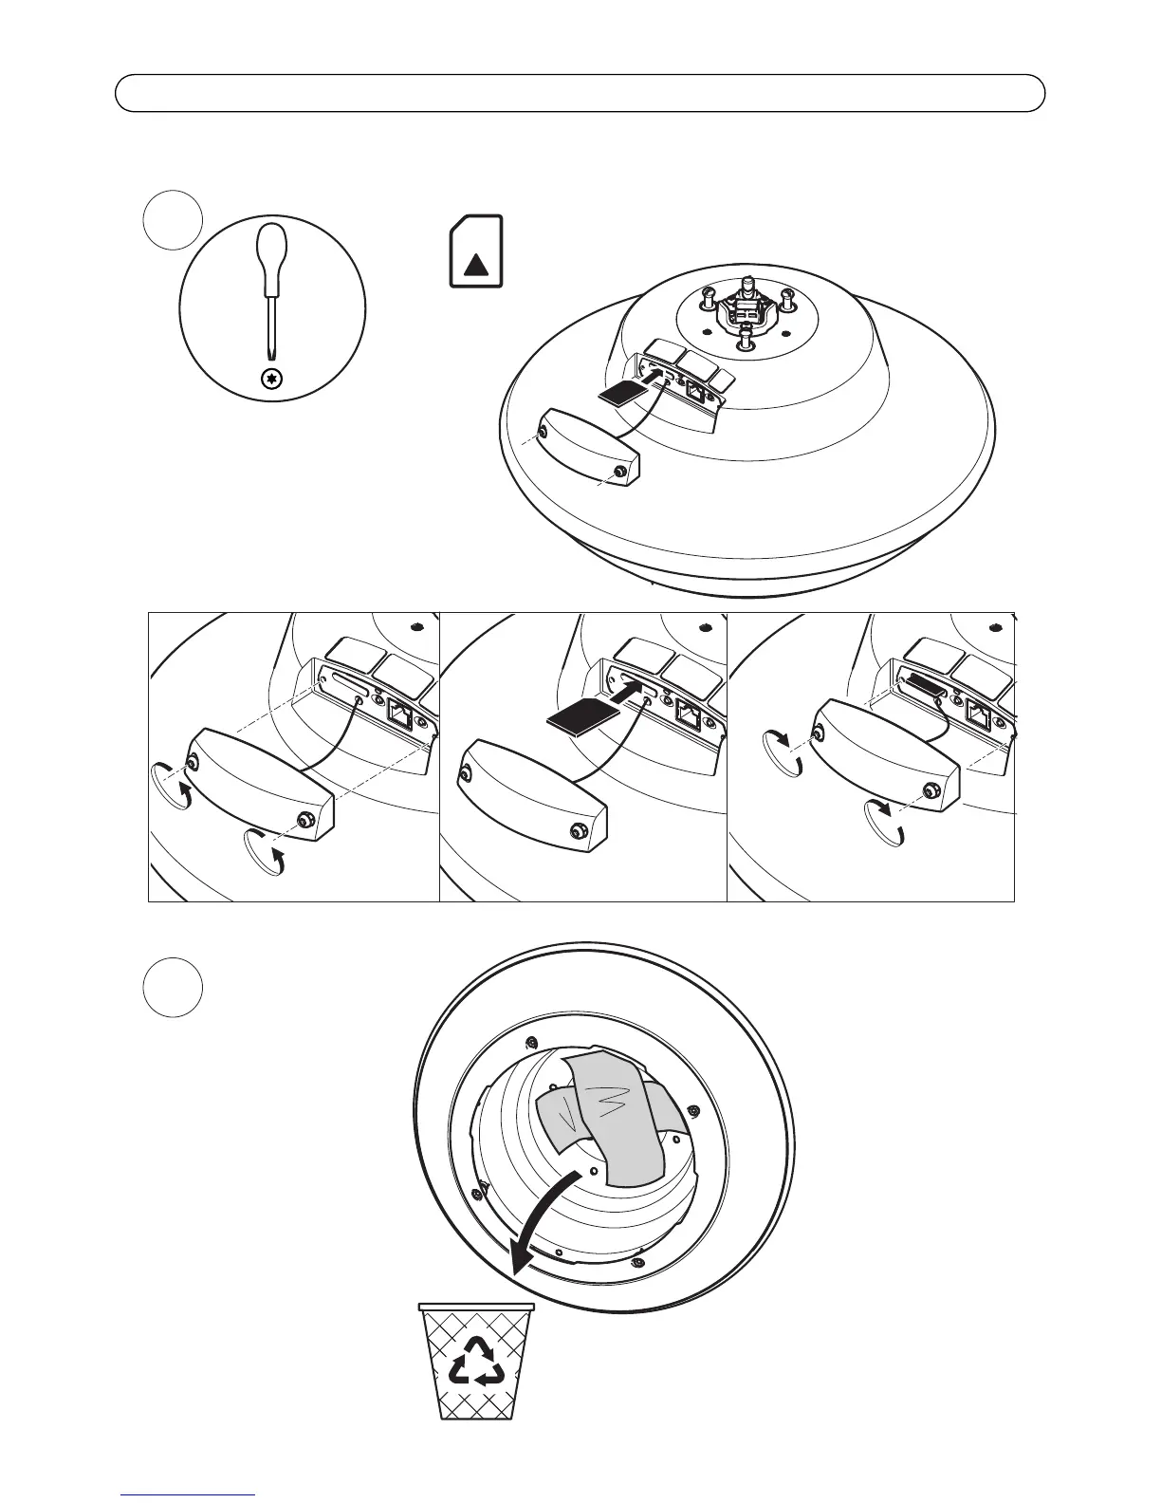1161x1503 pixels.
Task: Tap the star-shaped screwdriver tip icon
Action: coord(273,379)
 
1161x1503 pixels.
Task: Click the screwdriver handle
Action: coord(272,255)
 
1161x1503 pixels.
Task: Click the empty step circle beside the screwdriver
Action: coord(173,220)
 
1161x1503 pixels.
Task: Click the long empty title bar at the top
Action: coord(580,93)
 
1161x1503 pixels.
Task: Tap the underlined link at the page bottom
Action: coord(189,1494)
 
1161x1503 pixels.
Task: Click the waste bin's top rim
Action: coord(476,1307)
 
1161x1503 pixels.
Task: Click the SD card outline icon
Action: coord(476,250)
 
